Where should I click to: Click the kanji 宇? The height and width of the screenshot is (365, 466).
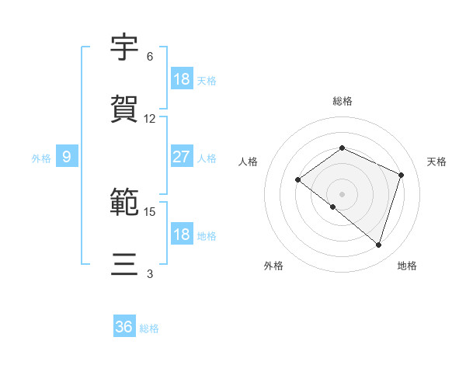click(125, 48)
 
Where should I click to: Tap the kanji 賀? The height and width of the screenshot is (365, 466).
click(125, 109)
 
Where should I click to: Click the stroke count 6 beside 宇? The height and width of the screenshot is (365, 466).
click(150, 57)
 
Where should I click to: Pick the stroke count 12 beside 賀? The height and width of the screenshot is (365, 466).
click(150, 119)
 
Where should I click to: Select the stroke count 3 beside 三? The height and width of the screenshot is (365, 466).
click(150, 274)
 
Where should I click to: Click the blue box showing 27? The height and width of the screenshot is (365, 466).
click(181, 157)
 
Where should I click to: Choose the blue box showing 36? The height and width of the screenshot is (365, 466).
click(124, 327)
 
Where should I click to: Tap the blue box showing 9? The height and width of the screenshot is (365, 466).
click(67, 157)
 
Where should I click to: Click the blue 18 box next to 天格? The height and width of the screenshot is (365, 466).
click(181, 79)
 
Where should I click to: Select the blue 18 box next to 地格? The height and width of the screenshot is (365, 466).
click(181, 235)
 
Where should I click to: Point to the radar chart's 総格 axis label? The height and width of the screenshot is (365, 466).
click(343, 101)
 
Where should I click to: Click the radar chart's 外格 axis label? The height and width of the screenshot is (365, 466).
click(273, 266)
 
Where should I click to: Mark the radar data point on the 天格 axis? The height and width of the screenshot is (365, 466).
click(402, 175)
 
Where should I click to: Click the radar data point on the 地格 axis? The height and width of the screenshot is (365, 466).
click(379, 245)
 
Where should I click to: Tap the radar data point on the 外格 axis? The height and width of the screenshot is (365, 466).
click(332, 207)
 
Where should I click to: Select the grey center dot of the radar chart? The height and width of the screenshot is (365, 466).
click(343, 193)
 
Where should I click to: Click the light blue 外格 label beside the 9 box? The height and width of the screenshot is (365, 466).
click(41, 158)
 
